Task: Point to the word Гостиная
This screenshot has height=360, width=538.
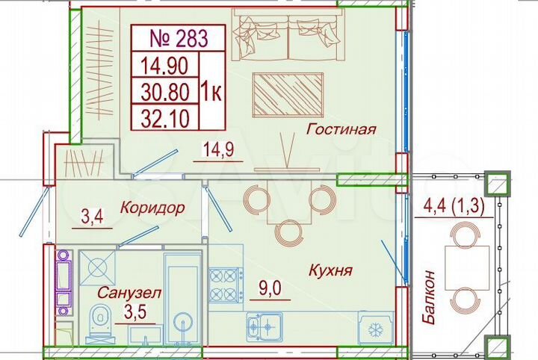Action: [341, 129]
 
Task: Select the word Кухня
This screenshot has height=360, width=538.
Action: [330, 270]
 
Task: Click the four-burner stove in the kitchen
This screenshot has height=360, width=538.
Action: [226, 284]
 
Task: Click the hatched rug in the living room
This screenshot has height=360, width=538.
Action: [288, 94]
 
